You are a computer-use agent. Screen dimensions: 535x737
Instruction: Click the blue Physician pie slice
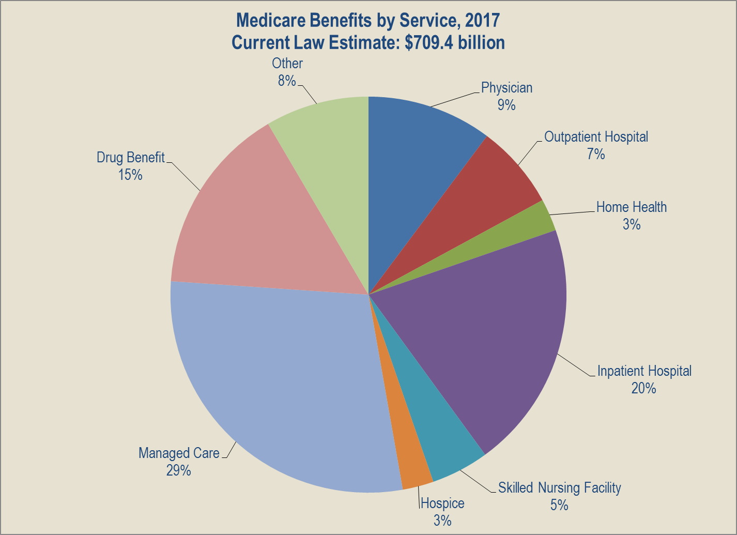point(413,155)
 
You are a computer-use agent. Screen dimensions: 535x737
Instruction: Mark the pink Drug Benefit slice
point(248,222)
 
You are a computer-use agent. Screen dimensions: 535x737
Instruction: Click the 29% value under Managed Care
point(178,470)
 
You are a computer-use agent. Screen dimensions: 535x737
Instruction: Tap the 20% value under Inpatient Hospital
point(643,388)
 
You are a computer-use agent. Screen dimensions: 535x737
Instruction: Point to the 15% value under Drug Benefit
point(130,175)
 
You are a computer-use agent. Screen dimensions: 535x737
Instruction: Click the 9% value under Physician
point(506,105)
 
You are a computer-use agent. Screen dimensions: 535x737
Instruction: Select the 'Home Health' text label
point(631,207)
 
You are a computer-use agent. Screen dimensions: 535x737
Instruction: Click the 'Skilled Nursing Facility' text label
point(559,487)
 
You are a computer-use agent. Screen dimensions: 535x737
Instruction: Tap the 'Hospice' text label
point(442,503)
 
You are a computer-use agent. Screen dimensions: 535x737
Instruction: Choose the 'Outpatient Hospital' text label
point(596,137)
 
